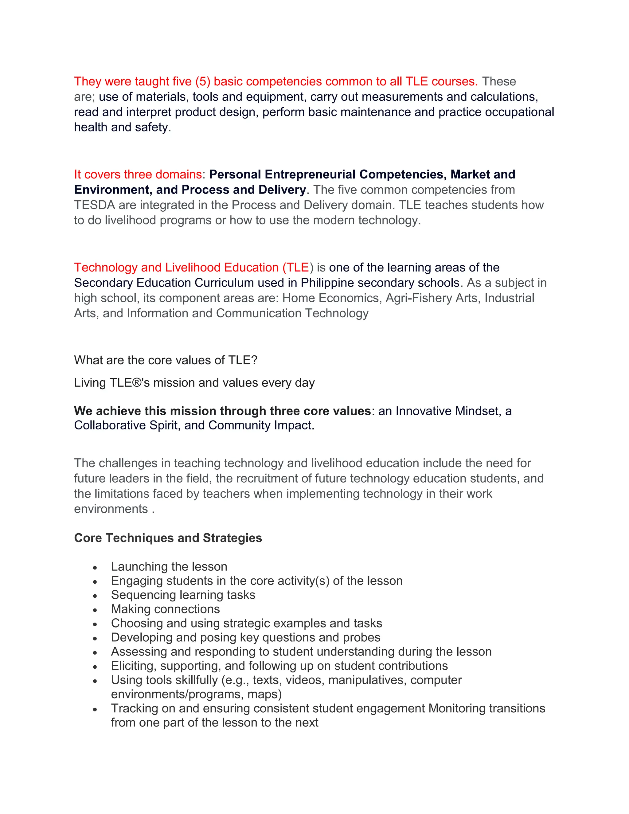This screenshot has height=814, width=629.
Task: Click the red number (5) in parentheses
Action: point(203,81)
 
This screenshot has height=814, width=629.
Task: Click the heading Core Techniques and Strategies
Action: point(168,538)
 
